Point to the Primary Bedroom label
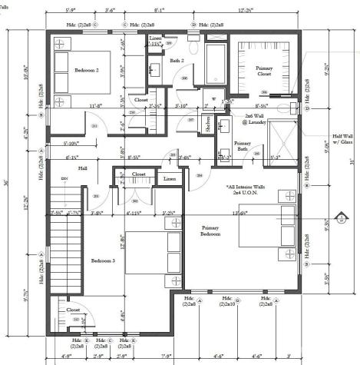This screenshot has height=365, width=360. (210, 231)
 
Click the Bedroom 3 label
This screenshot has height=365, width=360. (104, 261)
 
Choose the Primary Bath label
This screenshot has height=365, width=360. (243, 145)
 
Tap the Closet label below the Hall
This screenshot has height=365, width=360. (138, 174)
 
